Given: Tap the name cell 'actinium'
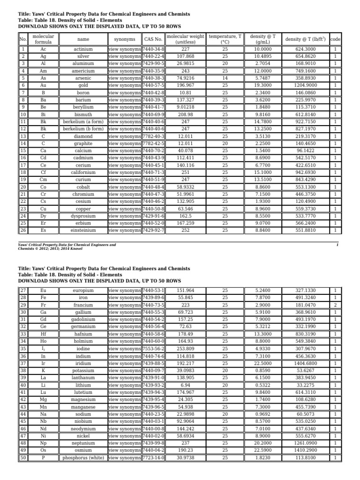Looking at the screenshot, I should tap(83, 49).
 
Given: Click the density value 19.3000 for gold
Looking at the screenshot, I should tap(263, 86).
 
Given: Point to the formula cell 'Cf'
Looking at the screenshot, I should tap(43, 172).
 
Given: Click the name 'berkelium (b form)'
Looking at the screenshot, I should tap(83, 129).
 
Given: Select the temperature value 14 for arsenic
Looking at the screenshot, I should tap(225, 78).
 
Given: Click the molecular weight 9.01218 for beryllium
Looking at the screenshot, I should tap(185, 107).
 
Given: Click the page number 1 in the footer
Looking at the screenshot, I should tap(337, 245).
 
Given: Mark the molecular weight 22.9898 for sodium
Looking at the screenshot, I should tap(185, 414).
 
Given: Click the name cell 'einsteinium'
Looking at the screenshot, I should tap(83, 231).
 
